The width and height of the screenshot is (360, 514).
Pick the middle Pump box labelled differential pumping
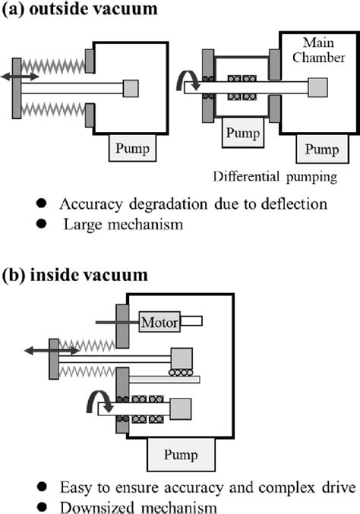point(242,134)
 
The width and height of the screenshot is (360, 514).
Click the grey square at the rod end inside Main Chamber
point(314,87)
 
